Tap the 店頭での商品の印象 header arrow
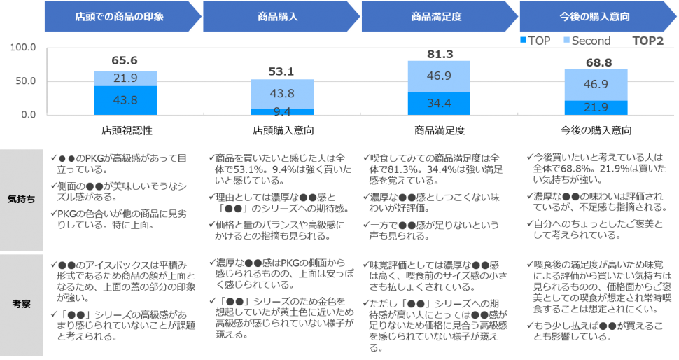point(122,17)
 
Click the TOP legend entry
point(535,41)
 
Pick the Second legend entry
point(587,41)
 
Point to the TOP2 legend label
point(647,41)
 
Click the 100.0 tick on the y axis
point(23,47)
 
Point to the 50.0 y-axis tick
point(25,81)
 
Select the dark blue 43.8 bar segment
point(125,100)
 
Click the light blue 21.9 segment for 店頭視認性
point(125,78)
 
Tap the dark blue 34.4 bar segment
point(439,104)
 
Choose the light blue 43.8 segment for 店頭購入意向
point(282,94)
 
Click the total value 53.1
point(281,71)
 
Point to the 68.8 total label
point(599,63)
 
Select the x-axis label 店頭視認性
point(127,130)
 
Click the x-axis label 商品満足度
point(440,130)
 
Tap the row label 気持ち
point(21,200)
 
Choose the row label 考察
point(21,304)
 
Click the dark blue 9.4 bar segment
point(282,112)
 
